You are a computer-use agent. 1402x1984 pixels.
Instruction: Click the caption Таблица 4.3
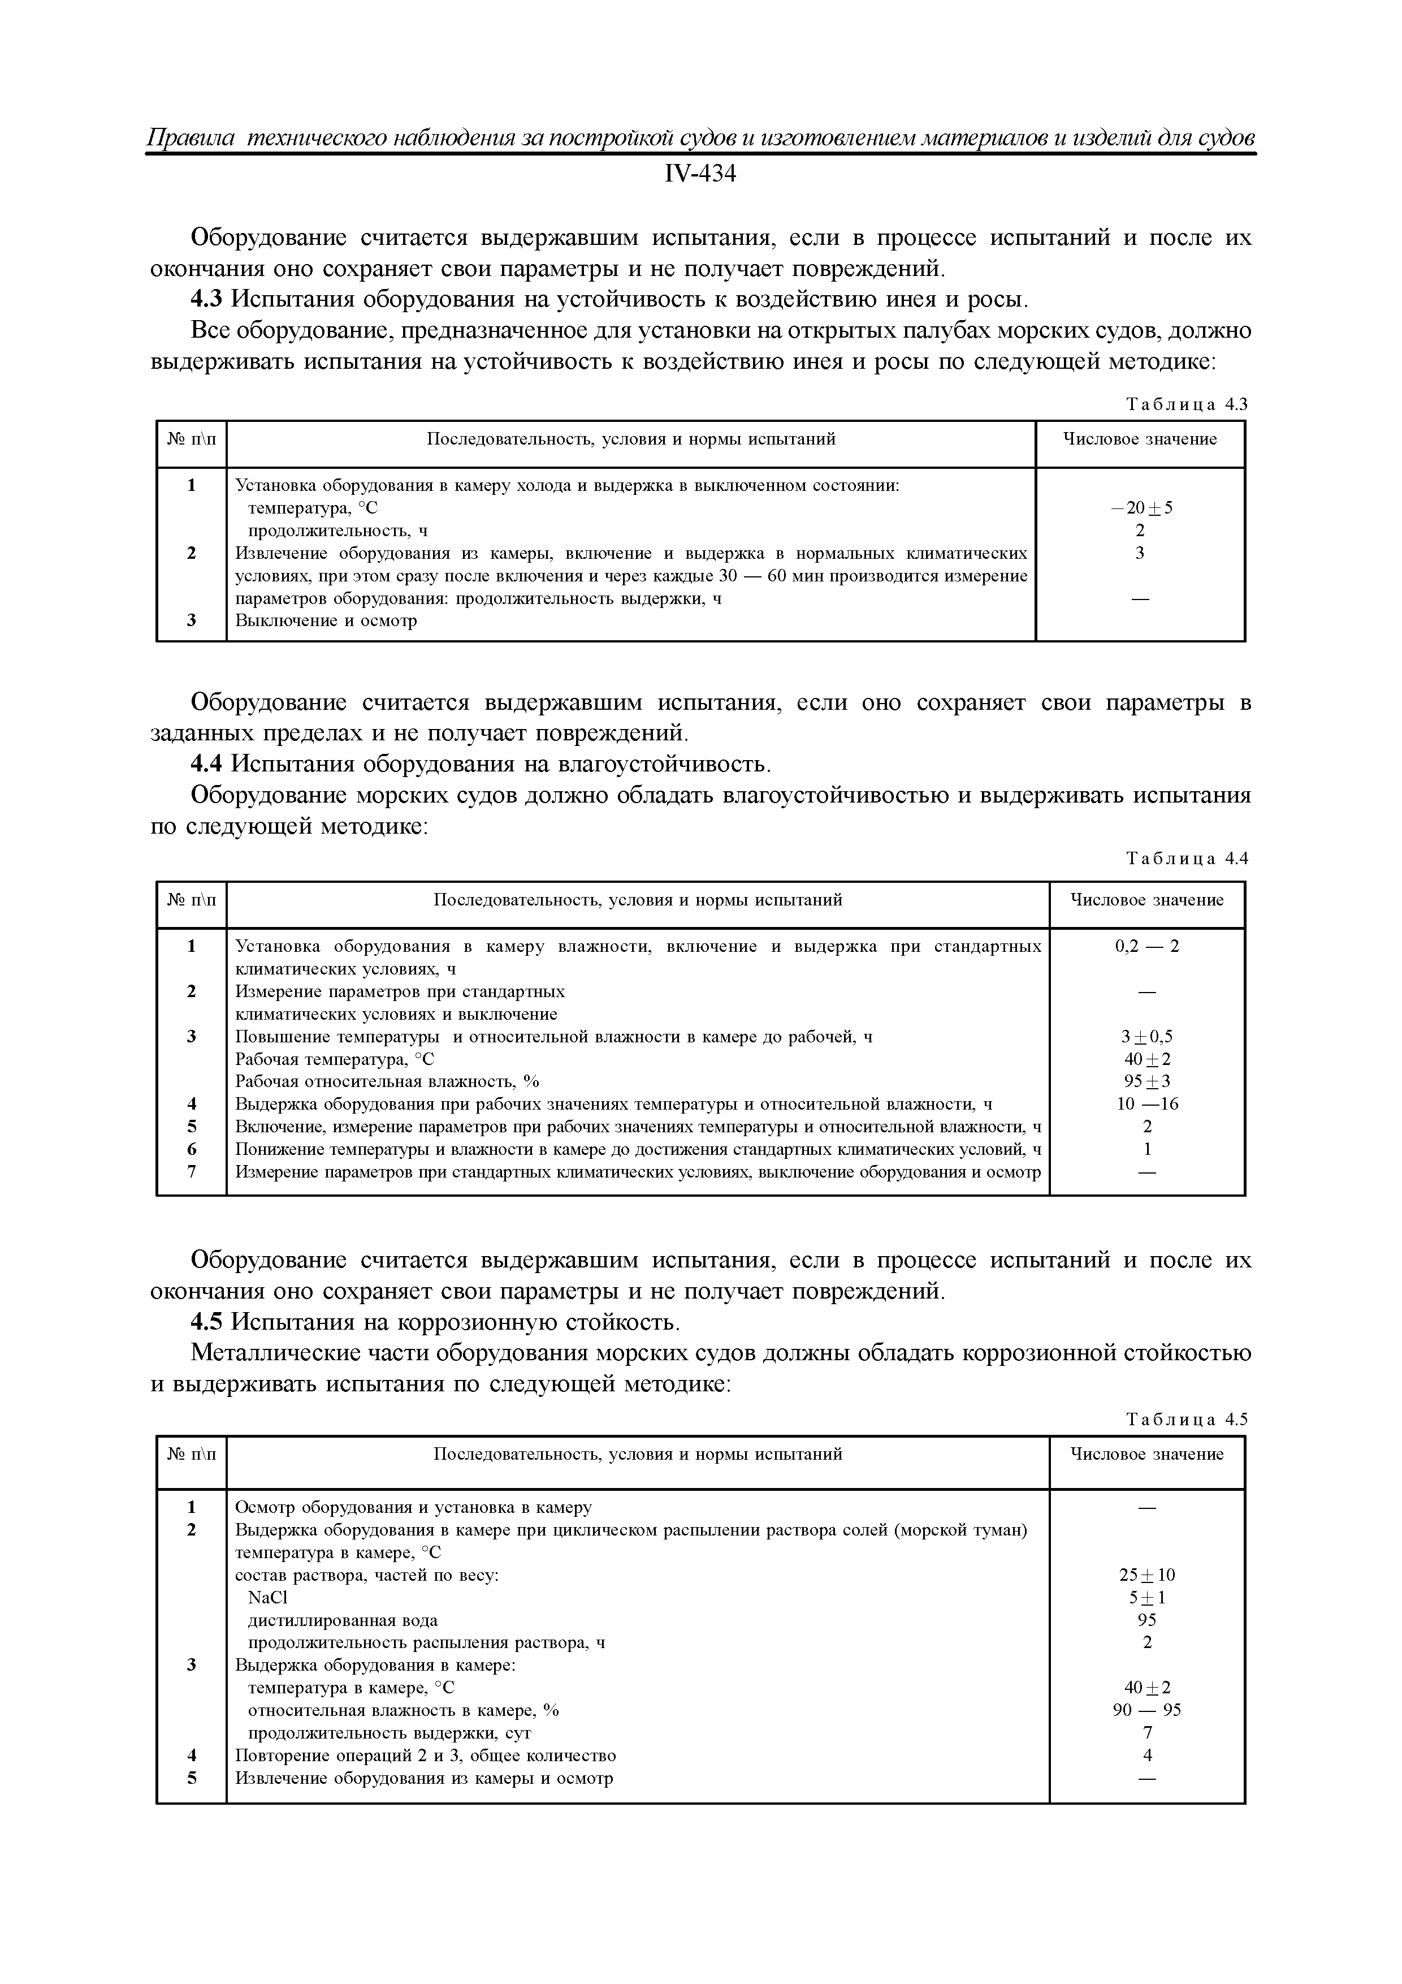point(1187,404)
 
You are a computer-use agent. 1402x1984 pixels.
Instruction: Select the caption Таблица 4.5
point(1187,1419)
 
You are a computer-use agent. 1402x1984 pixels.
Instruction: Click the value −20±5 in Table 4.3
point(1141,508)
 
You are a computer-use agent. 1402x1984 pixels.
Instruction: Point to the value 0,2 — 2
point(1146,946)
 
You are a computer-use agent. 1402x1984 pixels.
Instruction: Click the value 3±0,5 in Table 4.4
point(1146,1036)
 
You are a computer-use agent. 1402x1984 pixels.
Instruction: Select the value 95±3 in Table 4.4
point(1146,1081)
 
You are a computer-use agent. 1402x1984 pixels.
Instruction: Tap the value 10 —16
point(1146,1103)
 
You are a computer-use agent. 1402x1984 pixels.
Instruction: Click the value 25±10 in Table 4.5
point(1146,1575)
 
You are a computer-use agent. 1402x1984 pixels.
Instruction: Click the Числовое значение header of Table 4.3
point(1139,439)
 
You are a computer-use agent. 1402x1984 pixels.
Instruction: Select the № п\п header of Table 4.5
point(192,1454)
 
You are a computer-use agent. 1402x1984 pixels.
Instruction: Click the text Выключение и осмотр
point(326,620)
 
